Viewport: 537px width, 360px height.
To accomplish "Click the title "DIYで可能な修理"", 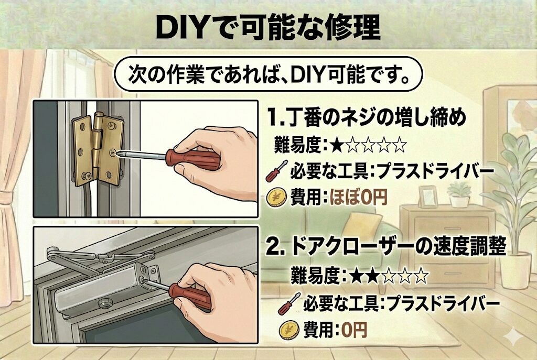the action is click(268, 27).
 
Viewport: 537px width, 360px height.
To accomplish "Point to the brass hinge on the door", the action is click(98, 148).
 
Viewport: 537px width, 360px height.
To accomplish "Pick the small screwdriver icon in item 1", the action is click(276, 171).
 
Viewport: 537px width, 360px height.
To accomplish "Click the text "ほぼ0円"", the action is click(358, 197).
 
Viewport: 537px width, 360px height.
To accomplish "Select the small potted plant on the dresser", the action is click(459, 194).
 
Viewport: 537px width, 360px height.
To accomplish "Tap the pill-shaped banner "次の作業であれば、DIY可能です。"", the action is click(268, 74).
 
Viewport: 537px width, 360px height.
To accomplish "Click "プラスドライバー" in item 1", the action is click(435, 171).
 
